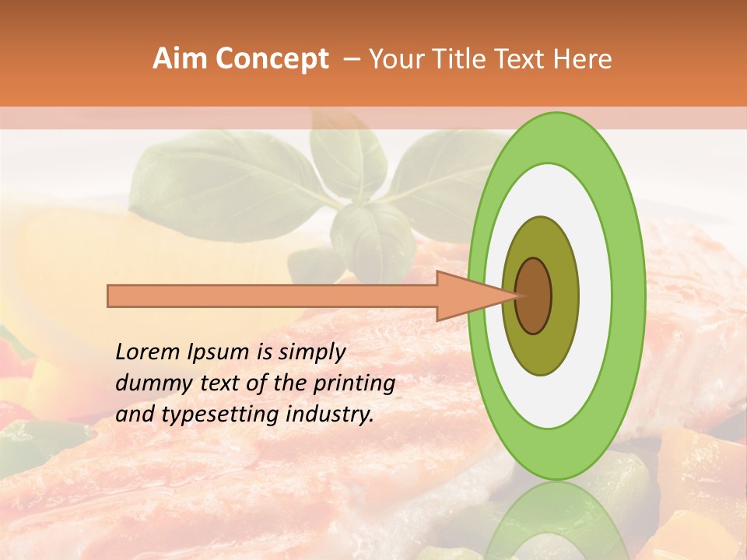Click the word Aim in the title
180,59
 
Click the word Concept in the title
272,59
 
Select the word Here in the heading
583,59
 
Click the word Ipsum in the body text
217,353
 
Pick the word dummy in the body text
149,383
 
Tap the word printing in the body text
354,384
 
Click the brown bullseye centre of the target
534,296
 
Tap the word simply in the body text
311,353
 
